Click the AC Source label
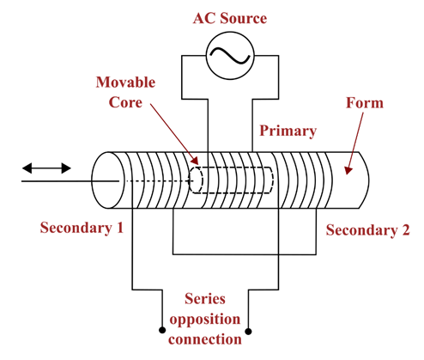point(230,18)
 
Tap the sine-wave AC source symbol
point(230,56)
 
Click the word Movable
point(125,82)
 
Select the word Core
point(125,102)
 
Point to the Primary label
point(288,131)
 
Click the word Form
point(365,103)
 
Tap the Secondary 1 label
point(82,228)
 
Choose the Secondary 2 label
point(368,230)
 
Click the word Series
point(205,299)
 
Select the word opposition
point(205,320)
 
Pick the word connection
point(205,339)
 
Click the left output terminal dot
point(162,330)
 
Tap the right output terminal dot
point(248,332)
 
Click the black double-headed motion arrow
point(46,168)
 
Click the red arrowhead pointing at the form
point(348,170)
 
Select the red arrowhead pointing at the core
point(194,161)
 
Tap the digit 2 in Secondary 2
point(406,229)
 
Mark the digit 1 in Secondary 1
point(120,228)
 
